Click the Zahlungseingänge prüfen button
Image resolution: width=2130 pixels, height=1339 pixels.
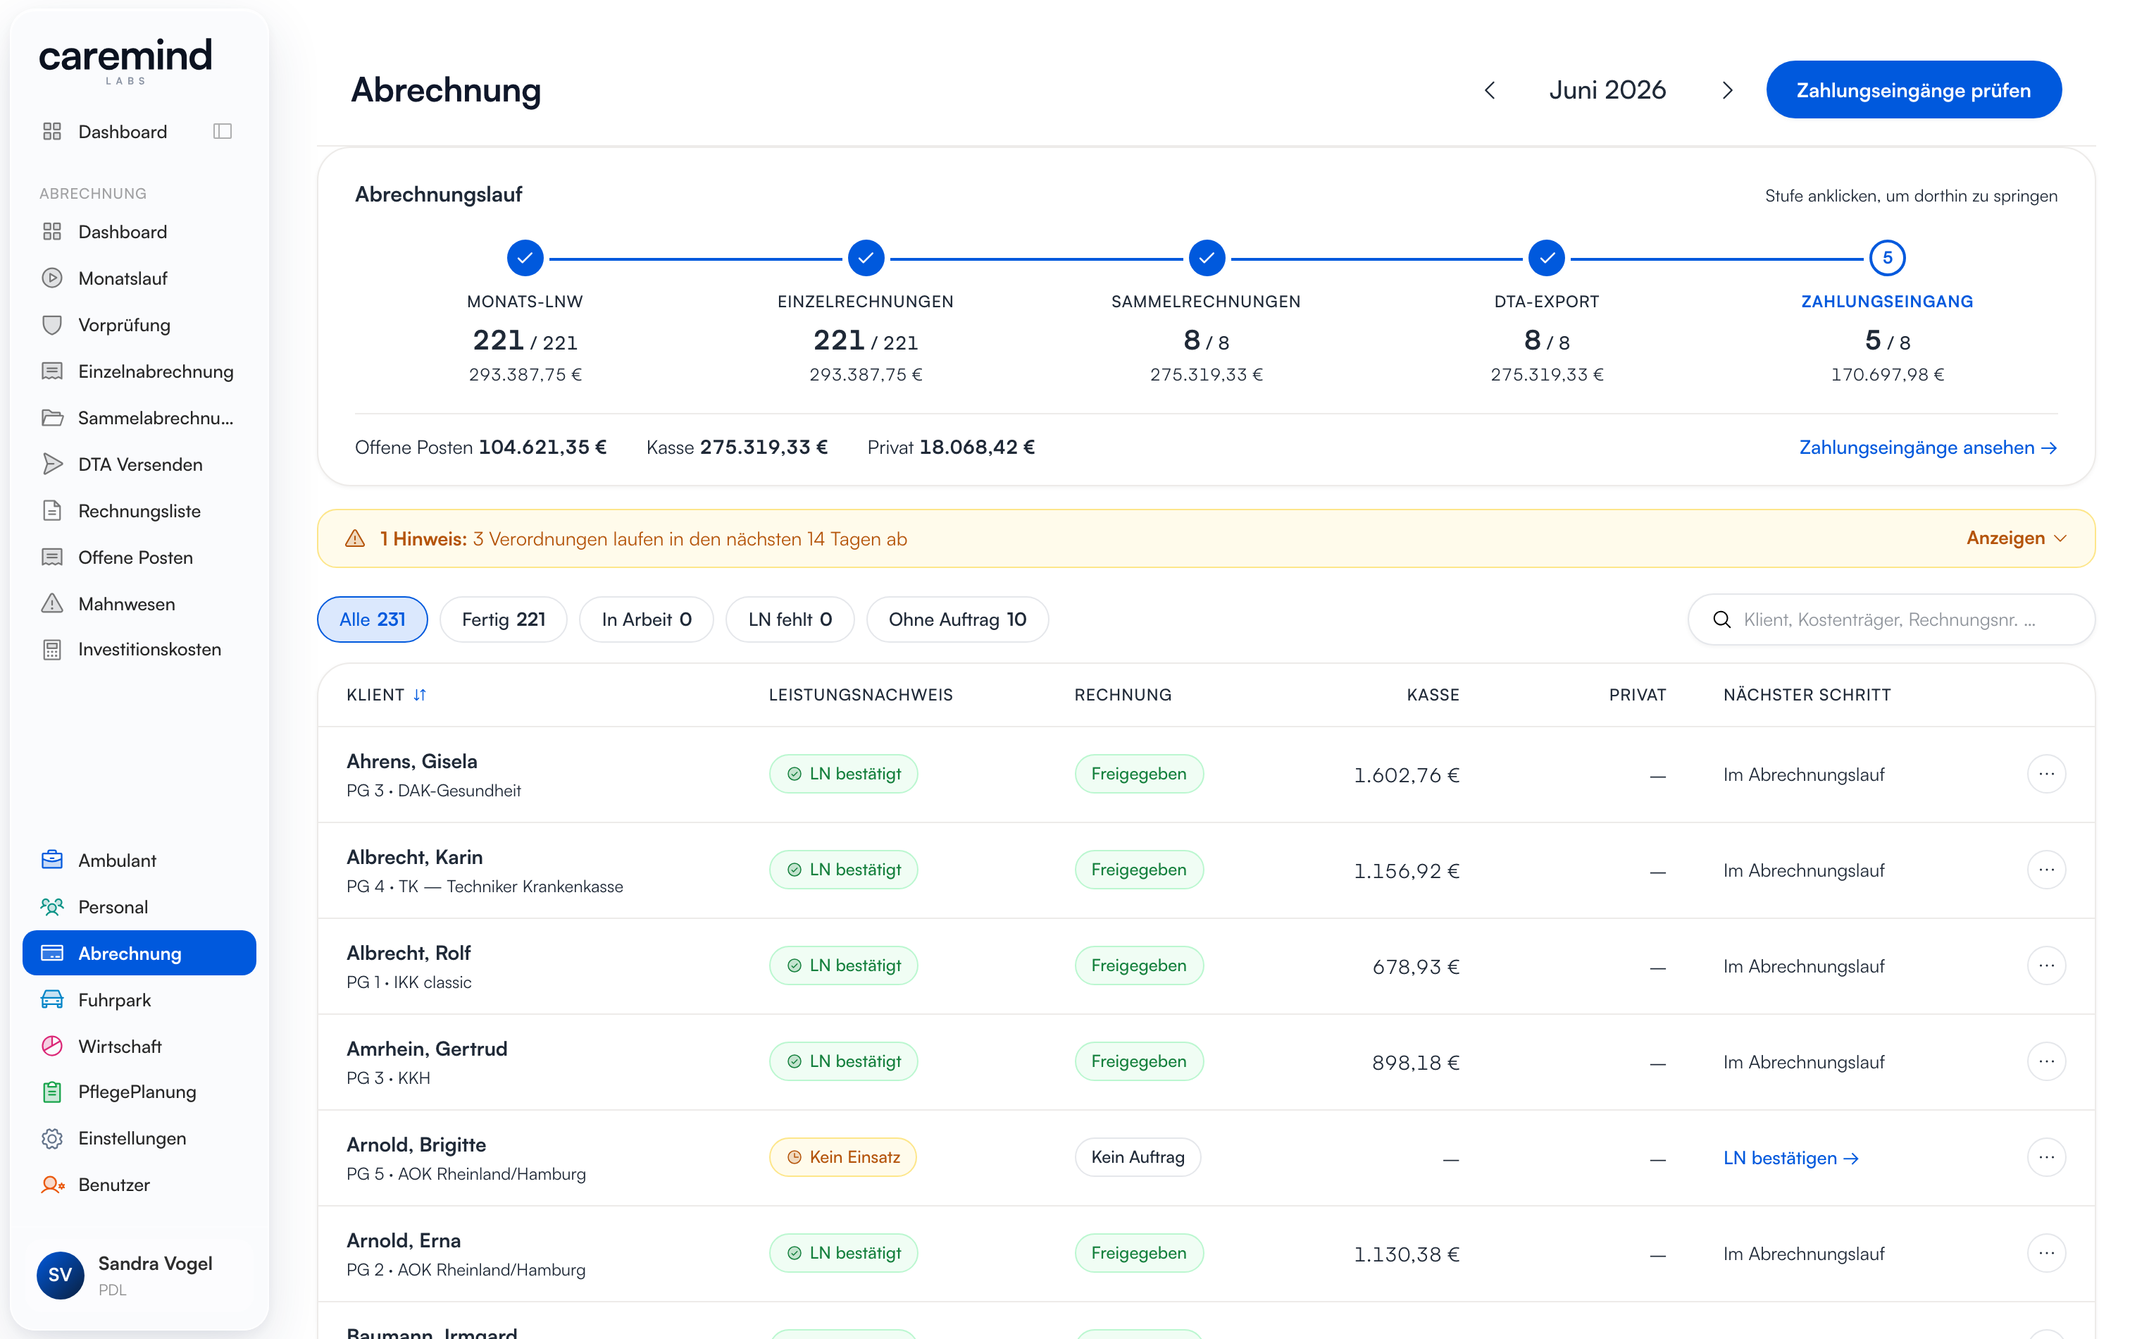pyautogui.click(x=1912, y=90)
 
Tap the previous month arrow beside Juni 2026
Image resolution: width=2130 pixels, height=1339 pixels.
pyautogui.click(x=1490, y=90)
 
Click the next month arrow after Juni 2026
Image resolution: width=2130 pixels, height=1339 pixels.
pyautogui.click(x=1726, y=90)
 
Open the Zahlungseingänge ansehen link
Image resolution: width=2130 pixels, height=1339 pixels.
pyautogui.click(x=1927, y=448)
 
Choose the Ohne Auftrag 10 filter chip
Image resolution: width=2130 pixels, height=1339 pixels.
pyautogui.click(x=957, y=619)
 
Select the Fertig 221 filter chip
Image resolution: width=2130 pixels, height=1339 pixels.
pyautogui.click(x=504, y=619)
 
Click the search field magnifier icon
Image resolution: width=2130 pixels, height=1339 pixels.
pyautogui.click(x=1721, y=619)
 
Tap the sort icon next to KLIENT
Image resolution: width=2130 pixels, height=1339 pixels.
pyautogui.click(x=421, y=695)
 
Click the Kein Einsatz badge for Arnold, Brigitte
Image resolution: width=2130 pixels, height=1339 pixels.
pyautogui.click(x=843, y=1156)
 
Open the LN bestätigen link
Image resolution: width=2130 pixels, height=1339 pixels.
pyautogui.click(x=1790, y=1158)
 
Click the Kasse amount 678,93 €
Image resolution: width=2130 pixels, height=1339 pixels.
pyautogui.click(x=1415, y=966)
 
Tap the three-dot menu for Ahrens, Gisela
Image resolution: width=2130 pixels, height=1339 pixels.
pyautogui.click(x=2046, y=775)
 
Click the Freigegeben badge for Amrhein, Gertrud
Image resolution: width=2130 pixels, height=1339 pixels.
pyautogui.click(x=1138, y=1061)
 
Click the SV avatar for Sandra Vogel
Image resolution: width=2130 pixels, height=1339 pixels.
pyautogui.click(x=60, y=1274)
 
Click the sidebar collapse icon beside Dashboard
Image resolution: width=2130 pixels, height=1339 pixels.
pyautogui.click(x=223, y=131)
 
